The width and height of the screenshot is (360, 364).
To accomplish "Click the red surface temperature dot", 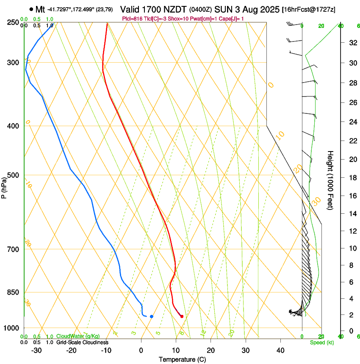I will [182, 316].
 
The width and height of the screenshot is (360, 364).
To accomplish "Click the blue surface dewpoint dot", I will [151, 316].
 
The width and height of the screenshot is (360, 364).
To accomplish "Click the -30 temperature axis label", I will [36, 350].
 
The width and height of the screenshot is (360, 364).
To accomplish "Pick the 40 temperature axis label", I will [280, 350].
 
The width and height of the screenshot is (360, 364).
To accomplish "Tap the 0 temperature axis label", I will [141, 350].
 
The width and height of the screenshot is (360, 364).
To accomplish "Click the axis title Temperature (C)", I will [182, 359].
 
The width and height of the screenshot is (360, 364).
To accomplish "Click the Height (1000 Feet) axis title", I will [330, 180].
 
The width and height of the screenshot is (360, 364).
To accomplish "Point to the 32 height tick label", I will [352, 43].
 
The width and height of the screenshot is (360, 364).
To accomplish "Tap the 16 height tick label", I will [352, 196].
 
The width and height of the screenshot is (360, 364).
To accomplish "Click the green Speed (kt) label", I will [322, 342].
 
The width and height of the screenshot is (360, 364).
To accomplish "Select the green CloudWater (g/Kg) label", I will [78, 336].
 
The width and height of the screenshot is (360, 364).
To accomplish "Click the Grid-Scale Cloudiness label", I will [82, 342].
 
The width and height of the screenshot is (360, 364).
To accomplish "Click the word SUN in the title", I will [223, 9].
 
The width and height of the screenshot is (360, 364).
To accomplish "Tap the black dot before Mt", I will [31, 9].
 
